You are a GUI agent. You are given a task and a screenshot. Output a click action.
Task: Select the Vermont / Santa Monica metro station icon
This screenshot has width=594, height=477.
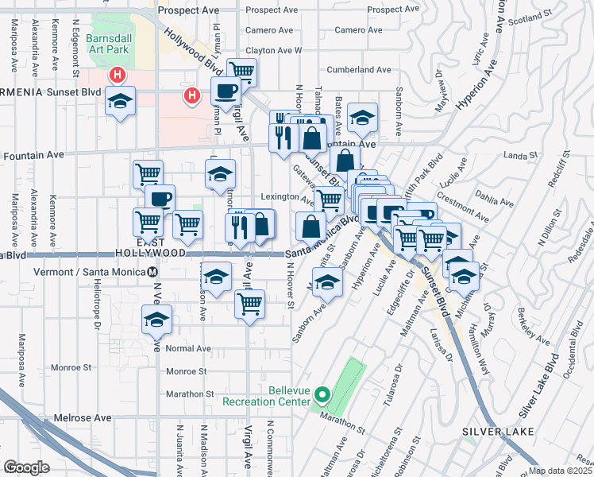[152, 271]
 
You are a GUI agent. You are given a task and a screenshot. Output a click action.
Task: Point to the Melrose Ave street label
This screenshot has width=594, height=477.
[83, 417]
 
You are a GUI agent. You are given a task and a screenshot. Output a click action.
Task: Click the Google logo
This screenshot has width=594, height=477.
[26, 467]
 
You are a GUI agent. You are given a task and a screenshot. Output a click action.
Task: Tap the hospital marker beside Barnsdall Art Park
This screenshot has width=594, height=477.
[118, 76]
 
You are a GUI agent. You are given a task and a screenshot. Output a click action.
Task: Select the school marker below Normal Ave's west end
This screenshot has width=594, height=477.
[156, 320]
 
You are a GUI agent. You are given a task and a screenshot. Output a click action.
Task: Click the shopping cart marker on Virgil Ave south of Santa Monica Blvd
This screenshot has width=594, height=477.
[250, 303]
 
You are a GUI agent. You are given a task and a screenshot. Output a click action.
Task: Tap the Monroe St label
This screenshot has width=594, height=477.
[187, 370]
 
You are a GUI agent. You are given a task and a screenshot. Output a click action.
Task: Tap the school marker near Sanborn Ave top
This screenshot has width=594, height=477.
[362, 118]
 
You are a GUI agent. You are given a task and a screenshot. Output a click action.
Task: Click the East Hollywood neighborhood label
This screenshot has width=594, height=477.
[161, 246]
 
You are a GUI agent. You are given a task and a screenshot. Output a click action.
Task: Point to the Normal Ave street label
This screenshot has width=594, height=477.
[189, 348]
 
